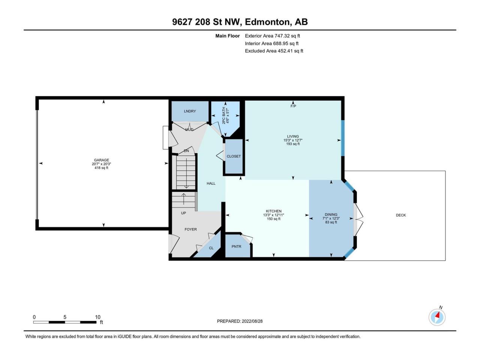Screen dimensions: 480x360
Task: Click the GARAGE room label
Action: point(102,160)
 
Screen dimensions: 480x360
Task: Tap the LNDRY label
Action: point(190,111)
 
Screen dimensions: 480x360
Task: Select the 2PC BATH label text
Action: point(224,115)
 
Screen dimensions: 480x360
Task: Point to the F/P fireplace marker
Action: point(293,106)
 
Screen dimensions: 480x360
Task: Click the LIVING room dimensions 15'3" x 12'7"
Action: point(293,140)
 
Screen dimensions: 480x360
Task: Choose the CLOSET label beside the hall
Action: point(234,156)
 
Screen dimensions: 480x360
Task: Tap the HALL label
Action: point(211,183)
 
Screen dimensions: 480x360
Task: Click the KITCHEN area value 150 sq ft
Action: point(274,219)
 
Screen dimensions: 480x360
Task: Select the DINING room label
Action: point(331,214)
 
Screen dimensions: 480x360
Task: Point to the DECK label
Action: point(401,215)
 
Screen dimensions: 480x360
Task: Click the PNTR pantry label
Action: point(236,246)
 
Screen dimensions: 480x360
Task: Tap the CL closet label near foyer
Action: point(211,248)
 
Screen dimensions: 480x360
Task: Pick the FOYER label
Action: point(191,229)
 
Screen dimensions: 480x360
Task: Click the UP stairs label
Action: point(183,213)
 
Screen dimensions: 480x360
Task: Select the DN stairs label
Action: point(186,151)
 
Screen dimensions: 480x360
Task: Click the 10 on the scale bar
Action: point(97,317)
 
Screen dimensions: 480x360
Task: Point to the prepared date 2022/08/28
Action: point(252,321)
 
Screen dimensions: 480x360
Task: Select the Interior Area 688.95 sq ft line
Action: point(271,43)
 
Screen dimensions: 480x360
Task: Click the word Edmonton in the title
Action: point(268,22)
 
